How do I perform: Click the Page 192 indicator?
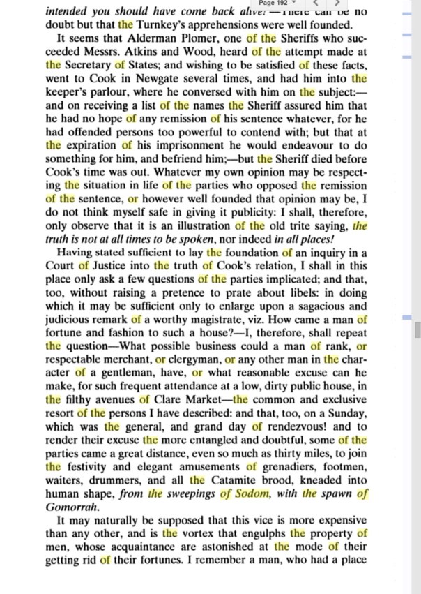coord(274,3)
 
